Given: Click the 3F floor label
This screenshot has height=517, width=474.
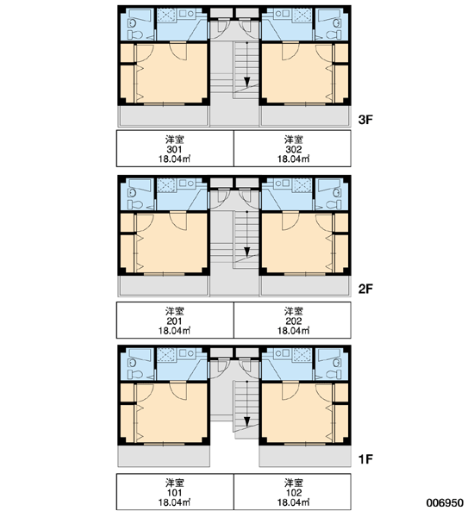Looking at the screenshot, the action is click(x=365, y=120).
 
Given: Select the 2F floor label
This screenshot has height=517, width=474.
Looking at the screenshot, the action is click(x=365, y=289).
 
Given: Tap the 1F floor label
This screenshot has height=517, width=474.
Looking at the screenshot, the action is click(x=365, y=458).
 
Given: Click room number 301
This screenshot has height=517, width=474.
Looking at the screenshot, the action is click(x=174, y=149).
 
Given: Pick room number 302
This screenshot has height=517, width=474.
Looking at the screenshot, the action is click(x=294, y=149).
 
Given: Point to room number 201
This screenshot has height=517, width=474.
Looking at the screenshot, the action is click(x=174, y=321).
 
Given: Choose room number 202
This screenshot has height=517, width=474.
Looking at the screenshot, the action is click(x=294, y=321).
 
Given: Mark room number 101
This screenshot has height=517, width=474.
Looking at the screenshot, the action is click(x=174, y=493).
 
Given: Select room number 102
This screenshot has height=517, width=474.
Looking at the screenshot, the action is click(x=294, y=493).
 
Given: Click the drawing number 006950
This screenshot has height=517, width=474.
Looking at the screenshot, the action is click(x=445, y=503).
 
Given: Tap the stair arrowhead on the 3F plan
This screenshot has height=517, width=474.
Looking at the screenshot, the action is click(x=246, y=82).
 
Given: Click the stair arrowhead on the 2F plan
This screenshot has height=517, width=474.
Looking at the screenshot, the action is click(x=246, y=252).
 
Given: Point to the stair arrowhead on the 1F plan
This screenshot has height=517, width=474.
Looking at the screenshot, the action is click(x=246, y=421).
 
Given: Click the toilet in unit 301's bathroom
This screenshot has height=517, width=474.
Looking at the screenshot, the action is click(x=135, y=34).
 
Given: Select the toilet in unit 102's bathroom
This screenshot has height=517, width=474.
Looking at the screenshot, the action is click(x=334, y=374).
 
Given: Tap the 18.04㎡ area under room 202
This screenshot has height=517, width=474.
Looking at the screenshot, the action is click(x=294, y=330).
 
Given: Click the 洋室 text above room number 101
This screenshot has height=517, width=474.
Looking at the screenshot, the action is click(x=174, y=483).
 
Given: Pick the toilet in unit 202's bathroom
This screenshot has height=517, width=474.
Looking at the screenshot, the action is click(x=334, y=204).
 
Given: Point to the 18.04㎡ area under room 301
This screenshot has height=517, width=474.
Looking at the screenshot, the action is click(x=174, y=159).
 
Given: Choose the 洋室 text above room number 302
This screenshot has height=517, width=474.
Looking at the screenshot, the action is click(x=294, y=140).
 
